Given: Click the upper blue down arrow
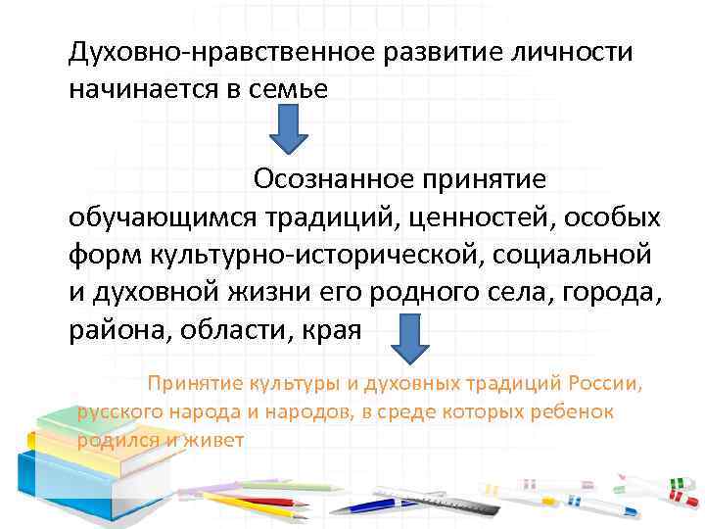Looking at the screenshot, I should (x=288, y=130).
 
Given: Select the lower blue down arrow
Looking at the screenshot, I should (x=411, y=339).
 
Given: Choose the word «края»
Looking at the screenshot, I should (x=333, y=330).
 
